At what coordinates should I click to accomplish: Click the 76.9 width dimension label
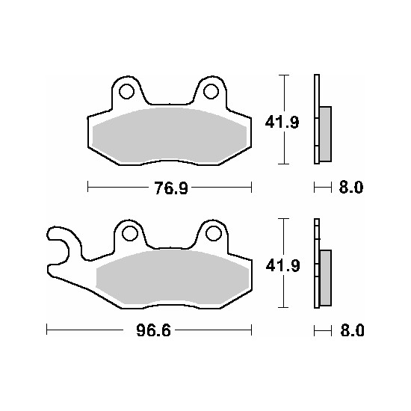[171, 188]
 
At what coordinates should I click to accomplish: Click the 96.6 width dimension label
[153, 330]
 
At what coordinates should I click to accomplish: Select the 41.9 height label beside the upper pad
[282, 122]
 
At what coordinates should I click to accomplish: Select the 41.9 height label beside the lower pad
[282, 266]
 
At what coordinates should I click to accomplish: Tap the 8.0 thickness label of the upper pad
[351, 188]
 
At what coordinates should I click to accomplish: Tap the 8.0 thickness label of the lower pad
[352, 330]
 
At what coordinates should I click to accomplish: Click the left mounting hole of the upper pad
[126, 91]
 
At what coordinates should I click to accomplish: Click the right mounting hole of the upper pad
[211, 91]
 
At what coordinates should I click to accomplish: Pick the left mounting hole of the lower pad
[130, 233]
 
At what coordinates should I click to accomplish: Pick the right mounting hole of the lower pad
[214, 233]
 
